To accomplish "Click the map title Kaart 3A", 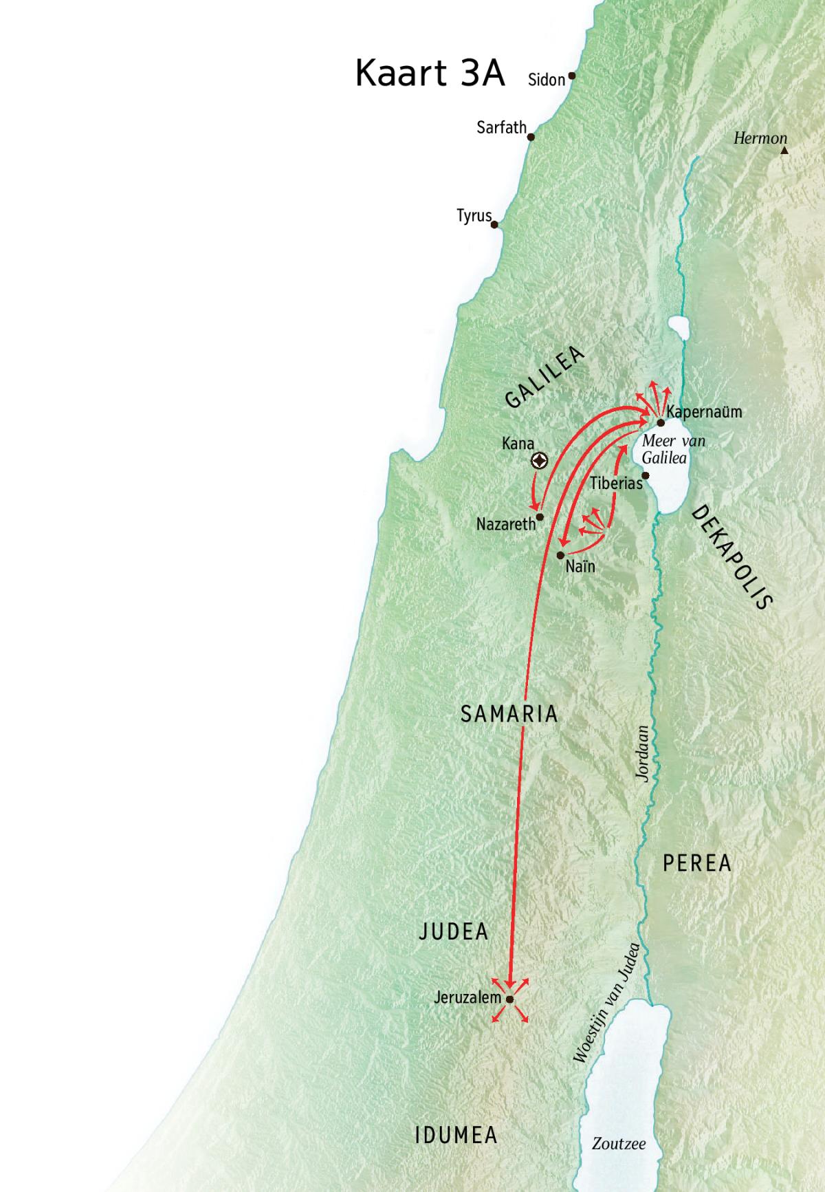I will click(x=430, y=73).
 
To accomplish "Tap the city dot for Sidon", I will click(x=571, y=76).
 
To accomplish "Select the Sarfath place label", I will click(x=501, y=127).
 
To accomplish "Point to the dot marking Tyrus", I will click(x=494, y=224).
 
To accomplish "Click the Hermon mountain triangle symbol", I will click(x=784, y=149).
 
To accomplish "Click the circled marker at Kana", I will click(x=540, y=462).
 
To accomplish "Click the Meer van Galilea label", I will click(x=673, y=449).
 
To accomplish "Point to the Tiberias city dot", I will click(x=646, y=475).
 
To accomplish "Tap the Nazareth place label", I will click(x=505, y=524).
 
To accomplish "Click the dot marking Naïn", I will click(x=561, y=554).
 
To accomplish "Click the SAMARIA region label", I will click(x=509, y=714).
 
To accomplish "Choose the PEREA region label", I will click(x=696, y=863).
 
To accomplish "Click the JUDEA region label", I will click(x=454, y=932).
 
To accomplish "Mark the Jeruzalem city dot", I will click(x=510, y=999).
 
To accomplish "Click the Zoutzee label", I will click(x=619, y=1144).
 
